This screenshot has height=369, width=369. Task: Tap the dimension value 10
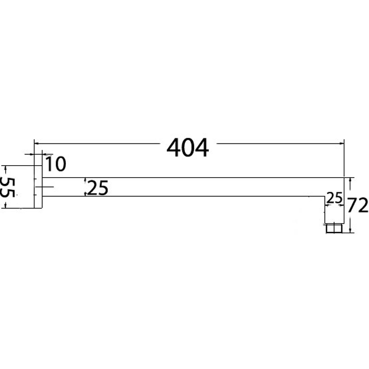click(56, 163)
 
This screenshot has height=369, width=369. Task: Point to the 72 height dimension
click(357, 205)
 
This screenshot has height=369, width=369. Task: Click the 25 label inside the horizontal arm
click(97, 188)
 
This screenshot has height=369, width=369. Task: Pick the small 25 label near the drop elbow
click(334, 198)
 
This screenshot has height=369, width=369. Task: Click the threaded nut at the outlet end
click(333, 227)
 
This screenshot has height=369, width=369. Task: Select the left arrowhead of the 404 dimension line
click(36, 143)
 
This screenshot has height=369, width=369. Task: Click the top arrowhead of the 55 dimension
click(17, 167)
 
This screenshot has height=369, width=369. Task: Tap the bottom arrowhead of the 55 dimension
click(17, 206)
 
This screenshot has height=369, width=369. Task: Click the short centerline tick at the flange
click(48, 187)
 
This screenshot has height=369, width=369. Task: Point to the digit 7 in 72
click(352, 205)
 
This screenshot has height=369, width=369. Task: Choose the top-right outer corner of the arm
click(344, 178)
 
